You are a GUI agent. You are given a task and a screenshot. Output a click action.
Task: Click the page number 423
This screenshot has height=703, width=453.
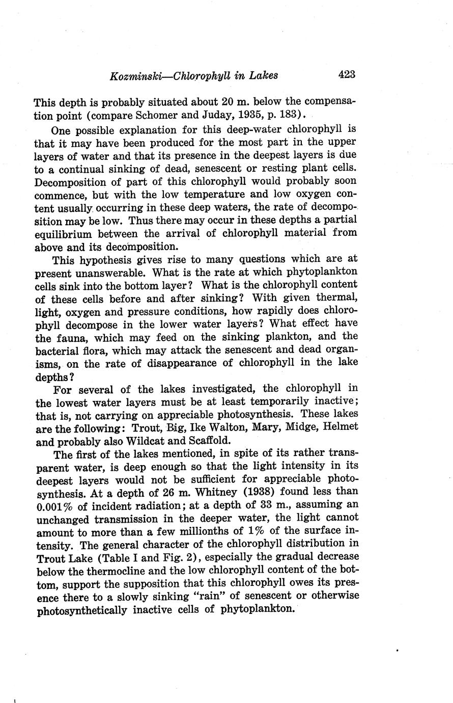coord(346,74)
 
